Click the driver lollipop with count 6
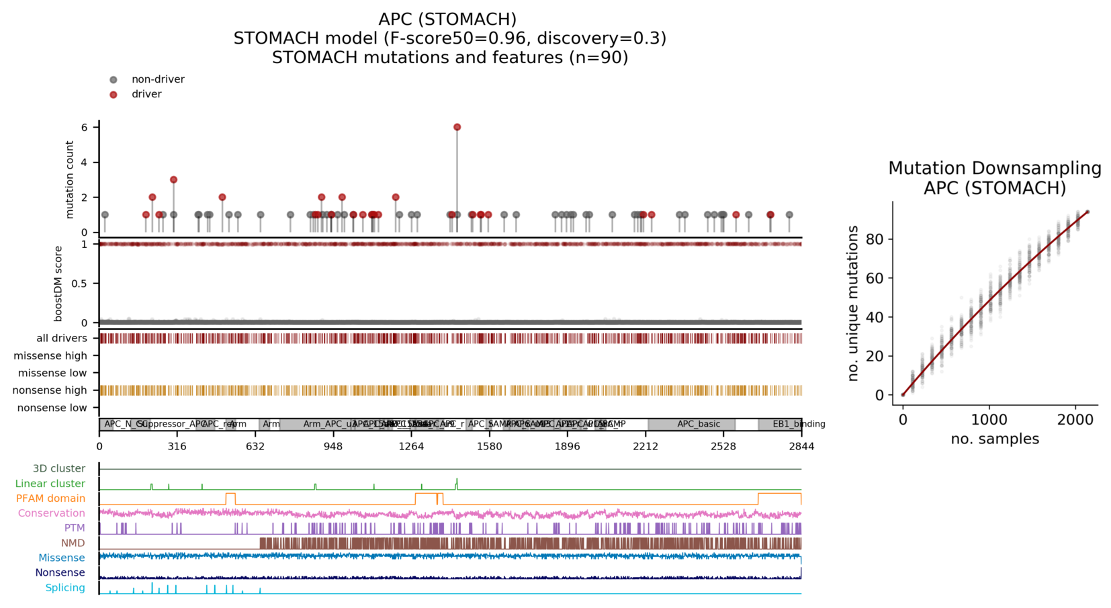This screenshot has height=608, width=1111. coord(457,127)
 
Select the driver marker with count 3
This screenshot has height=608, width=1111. coord(173,180)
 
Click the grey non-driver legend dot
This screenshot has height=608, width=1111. coord(114,80)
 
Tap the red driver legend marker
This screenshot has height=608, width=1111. coord(114,95)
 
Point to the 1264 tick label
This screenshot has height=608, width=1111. coord(411,446)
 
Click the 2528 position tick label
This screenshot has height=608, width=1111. coord(723,446)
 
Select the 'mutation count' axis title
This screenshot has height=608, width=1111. coord(70,179)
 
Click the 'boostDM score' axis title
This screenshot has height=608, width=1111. coord(58,284)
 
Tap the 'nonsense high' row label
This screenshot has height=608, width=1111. coord(50,390)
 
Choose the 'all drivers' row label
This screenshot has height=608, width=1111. coord(62,339)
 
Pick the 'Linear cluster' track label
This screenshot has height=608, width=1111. coord(50,484)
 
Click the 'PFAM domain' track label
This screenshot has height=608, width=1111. coord(51,498)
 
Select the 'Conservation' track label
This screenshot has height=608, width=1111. coord(52,513)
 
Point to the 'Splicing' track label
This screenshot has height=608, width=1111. coord(65,588)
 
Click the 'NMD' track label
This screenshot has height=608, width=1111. coord(73,543)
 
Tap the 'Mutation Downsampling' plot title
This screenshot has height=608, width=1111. coord(995,169)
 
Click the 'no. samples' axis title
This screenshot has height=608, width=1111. coord(995,439)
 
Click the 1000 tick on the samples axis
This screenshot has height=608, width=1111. coord(989,420)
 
